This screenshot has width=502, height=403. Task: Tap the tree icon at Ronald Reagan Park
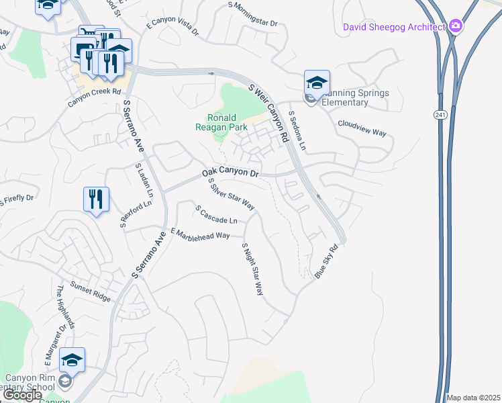[219, 137]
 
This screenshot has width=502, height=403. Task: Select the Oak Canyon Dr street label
[230, 173]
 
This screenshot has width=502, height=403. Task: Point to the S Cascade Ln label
[216, 216]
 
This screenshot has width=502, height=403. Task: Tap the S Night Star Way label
[252, 269]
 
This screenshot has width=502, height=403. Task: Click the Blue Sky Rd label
[325, 261]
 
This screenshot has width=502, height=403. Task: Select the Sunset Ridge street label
[91, 293]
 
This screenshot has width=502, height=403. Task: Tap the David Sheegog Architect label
[394, 27]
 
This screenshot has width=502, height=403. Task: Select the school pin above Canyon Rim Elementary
[72, 361]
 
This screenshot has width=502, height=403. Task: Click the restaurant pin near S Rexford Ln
[96, 199]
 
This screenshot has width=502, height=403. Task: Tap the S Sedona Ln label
[297, 130]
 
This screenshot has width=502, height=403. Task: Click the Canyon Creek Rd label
[93, 97]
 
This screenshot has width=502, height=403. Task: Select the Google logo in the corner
[22, 395]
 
